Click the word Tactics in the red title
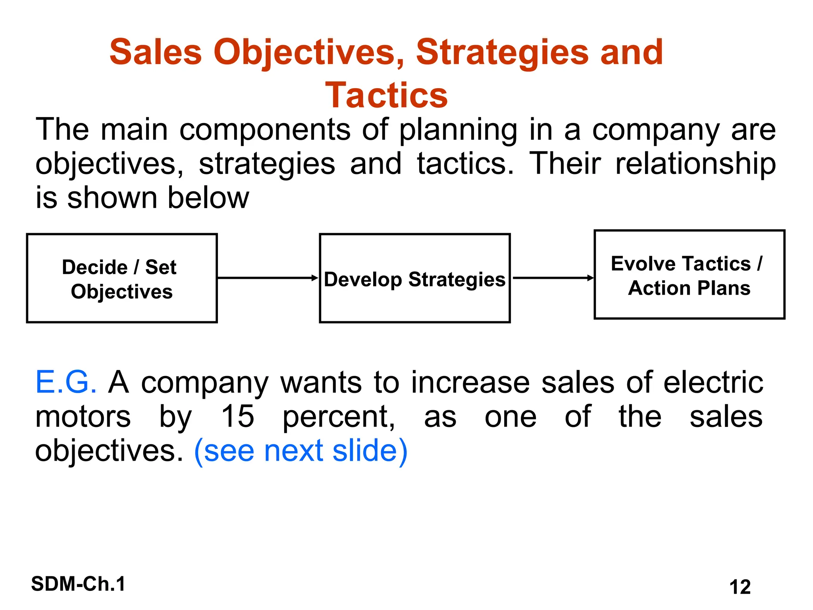click(x=386, y=95)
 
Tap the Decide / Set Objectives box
click(x=122, y=278)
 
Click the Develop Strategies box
click(x=414, y=278)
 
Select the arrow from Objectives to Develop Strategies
click(x=268, y=278)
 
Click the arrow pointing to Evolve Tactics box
click(x=553, y=278)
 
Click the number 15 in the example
click(x=237, y=416)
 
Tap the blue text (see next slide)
click(x=301, y=451)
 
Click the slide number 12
click(x=740, y=587)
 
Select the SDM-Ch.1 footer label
click(x=78, y=584)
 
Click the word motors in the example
click(x=83, y=416)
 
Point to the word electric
click(x=713, y=382)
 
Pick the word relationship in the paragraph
click(x=695, y=164)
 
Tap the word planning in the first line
click(x=458, y=130)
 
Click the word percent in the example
click(x=339, y=417)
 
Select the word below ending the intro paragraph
click(x=208, y=198)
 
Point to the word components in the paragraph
click(x=265, y=130)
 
